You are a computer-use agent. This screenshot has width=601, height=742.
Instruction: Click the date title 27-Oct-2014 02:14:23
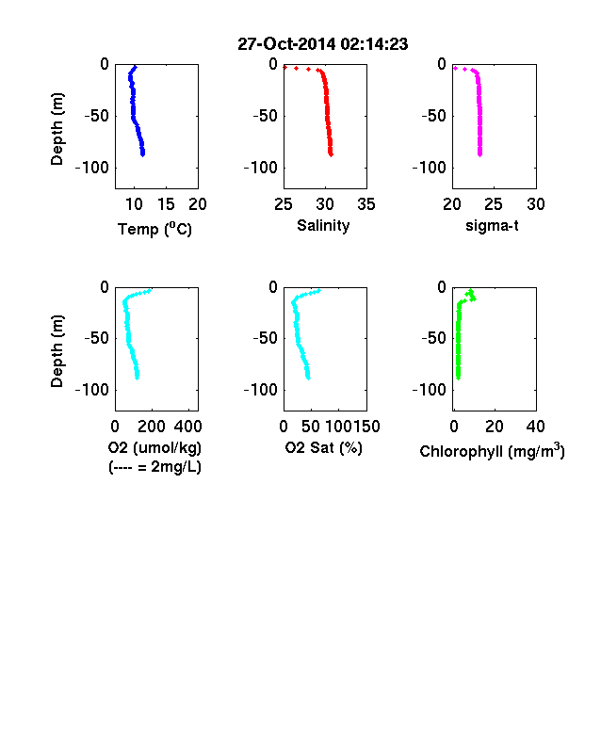tap(323, 44)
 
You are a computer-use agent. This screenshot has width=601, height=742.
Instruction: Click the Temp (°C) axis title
tap(154, 229)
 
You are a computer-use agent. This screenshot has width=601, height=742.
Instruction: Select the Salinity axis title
tap(323, 226)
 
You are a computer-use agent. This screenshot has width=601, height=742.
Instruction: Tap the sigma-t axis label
tap(492, 226)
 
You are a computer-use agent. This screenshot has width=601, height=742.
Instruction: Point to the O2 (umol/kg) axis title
tap(154, 447)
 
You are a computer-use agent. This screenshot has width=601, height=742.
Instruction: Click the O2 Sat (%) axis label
tap(324, 447)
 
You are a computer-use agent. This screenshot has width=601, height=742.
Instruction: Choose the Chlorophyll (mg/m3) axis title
tap(492, 451)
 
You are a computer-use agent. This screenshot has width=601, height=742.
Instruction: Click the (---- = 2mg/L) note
tap(154, 467)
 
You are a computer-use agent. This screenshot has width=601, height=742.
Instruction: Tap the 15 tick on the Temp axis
tap(166, 204)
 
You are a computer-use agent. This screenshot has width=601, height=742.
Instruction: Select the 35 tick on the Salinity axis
tap(366, 204)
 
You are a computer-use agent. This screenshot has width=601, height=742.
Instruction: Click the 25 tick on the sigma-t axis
tap(493, 204)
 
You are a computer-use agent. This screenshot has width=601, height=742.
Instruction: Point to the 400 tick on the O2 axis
tap(187, 427)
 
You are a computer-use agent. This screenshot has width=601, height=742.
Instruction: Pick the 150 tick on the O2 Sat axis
tap(366, 427)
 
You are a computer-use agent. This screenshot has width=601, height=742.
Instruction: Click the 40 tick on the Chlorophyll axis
tap(536, 427)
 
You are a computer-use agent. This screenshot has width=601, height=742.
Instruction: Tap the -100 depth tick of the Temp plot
tap(91, 168)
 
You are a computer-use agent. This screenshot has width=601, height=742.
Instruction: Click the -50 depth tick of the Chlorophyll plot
tap(433, 338)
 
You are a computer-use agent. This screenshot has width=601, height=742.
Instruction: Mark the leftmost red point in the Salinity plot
tap(284, 68)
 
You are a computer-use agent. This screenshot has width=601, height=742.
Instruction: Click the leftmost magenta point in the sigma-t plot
tap(455, 69)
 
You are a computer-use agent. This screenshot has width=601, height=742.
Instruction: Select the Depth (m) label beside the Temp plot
tap(57, 129)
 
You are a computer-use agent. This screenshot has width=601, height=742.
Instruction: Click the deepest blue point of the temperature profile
tap(142, 153)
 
